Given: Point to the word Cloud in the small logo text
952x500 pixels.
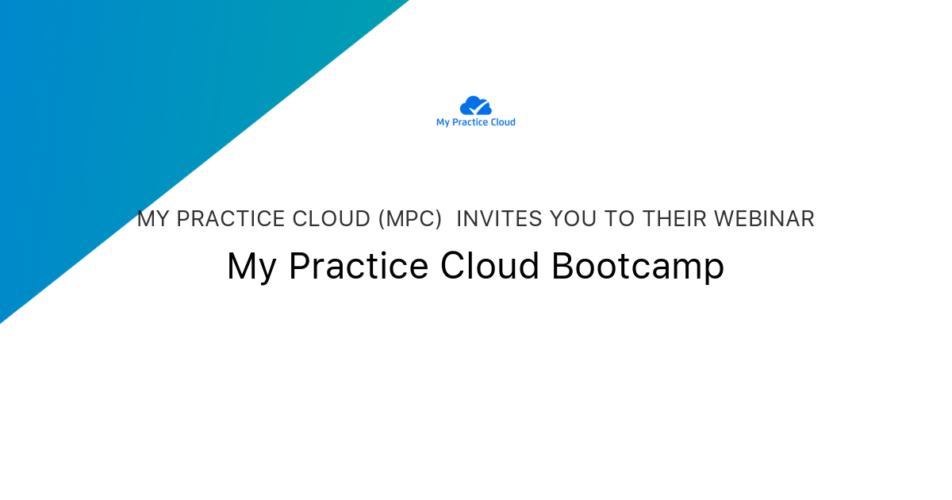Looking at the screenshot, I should pyautogui.click(x=503, y=122).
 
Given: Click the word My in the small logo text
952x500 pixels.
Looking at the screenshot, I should pyautogui.click(x=443, y=122).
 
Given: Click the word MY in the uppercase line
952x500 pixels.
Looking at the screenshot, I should pyautogui.click(x=153, y=219).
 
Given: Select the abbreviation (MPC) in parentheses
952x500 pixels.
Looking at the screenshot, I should pyautogui.click(x=410, y=219).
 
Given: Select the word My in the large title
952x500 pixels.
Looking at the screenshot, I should pyautogui.click(x=251, y=267).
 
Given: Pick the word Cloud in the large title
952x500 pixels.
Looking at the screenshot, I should pyautogui.click(x=490, y=267).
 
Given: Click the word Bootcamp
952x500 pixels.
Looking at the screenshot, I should pyautogui.click(x=638, y=267).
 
